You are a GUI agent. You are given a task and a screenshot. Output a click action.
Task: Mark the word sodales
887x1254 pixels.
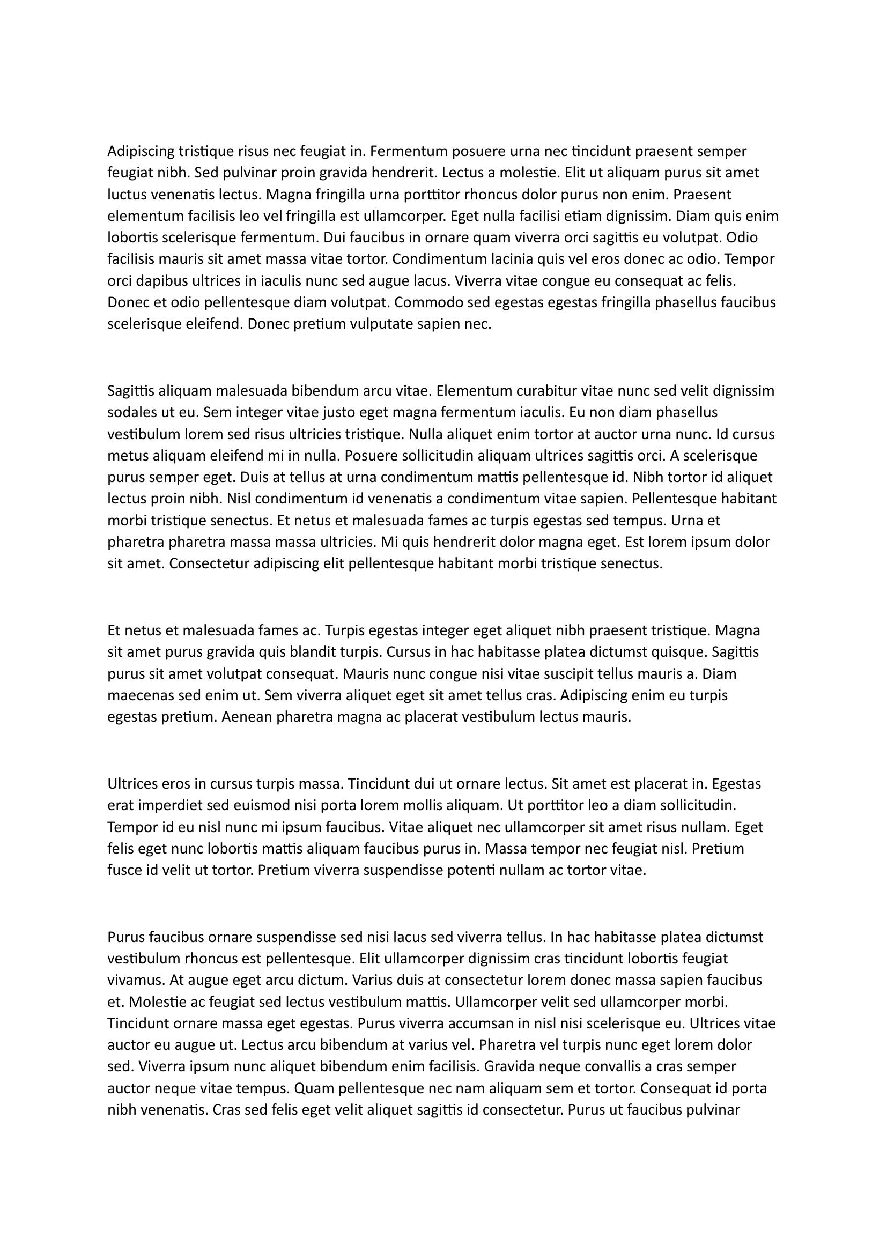pos(128,412)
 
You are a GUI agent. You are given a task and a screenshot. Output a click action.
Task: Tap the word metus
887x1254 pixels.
pos(124,456)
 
